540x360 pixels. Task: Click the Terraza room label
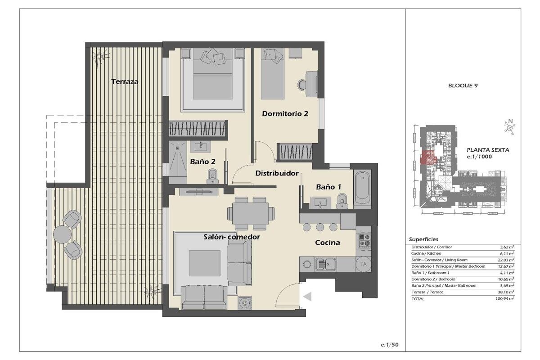point(125,81)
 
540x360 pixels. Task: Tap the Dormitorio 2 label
point(285,113)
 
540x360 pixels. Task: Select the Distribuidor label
point(277,173)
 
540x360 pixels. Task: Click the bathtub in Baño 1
point(362,189)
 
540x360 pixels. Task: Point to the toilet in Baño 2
point(212,176)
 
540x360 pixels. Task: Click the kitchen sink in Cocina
point(326,264)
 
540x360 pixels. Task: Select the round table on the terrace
point(62,234)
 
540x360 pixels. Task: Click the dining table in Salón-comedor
point(251,214)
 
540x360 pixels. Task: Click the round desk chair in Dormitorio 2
point(301,85)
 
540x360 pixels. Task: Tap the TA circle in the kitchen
point(364,264)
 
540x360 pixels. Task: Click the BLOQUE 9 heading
point(463,85)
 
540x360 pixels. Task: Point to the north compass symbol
point(509,127)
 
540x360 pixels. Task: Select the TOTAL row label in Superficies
point(418,299)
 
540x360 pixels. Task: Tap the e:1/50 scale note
point(390,345)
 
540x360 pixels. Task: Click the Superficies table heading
point(423,239)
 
